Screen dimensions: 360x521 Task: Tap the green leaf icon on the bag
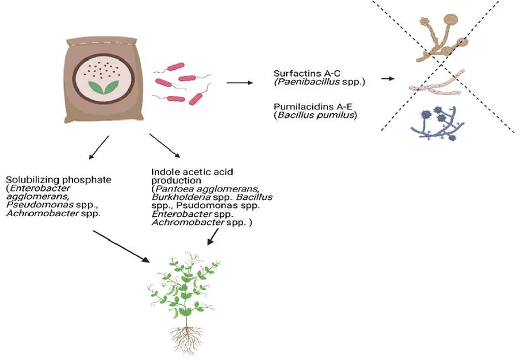(x=103, y=87)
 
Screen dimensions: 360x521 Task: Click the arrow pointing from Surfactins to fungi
(x=388, y=79)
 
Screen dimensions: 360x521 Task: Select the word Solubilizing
(x=30, y=180)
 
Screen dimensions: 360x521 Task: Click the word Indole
(x=163, y=172)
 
